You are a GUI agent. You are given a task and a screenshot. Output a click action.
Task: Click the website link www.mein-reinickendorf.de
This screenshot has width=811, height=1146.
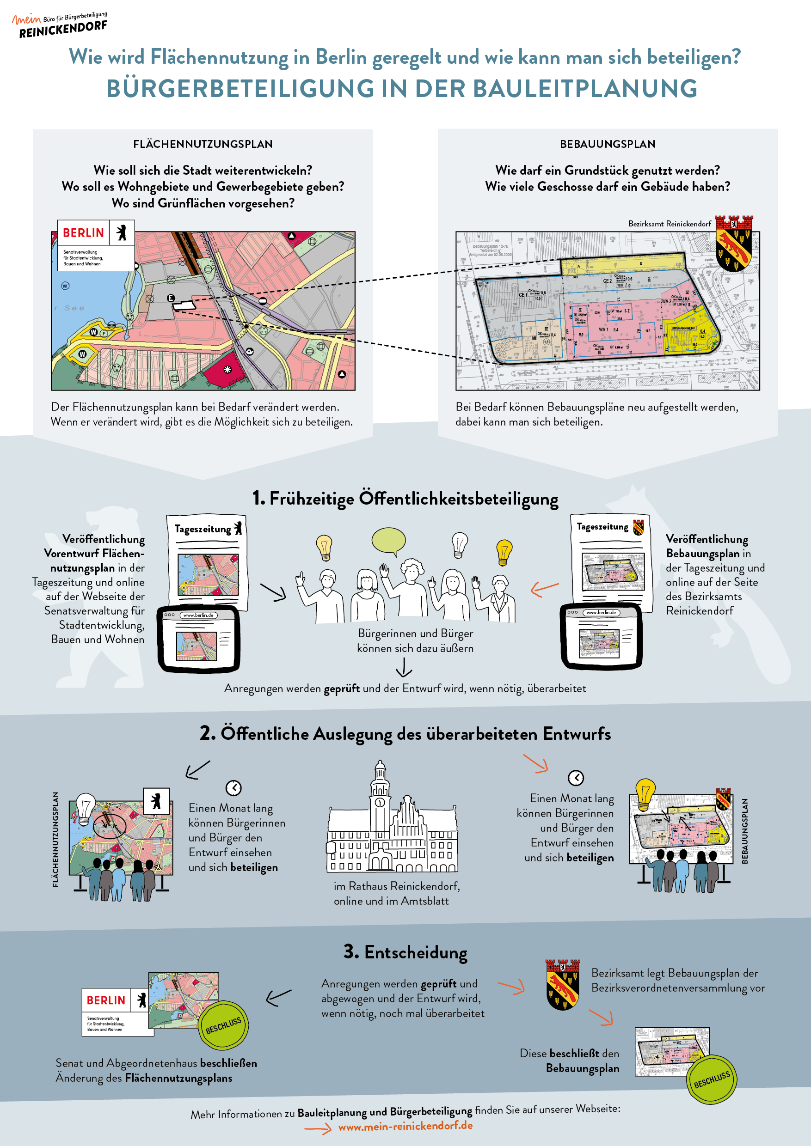coord(405,1126)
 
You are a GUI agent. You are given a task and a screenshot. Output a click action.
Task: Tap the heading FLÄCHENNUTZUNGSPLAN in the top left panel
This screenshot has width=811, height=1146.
coord(203,144)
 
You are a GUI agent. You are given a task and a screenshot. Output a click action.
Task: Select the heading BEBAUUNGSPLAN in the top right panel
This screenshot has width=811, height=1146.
coord(607,144)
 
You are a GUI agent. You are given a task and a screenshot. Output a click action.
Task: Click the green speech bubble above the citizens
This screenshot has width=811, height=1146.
coord(388,541)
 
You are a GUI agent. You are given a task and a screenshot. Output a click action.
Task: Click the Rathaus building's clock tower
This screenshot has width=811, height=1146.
coord(380,793)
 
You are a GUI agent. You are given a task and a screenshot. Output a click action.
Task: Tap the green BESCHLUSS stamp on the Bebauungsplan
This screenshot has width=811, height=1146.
coord(712,1079)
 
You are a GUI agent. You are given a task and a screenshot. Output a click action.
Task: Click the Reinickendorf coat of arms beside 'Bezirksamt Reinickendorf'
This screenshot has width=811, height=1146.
coord(733,243)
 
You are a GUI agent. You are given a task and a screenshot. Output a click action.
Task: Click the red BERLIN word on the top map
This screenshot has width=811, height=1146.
coord(83,233)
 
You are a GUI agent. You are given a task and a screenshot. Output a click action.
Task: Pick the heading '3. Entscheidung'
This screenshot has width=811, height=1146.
coord(405,952)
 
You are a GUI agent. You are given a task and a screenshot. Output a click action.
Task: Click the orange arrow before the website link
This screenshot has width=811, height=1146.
coord(318,1128)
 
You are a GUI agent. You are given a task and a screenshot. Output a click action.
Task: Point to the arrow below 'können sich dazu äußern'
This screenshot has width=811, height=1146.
coord(404,667)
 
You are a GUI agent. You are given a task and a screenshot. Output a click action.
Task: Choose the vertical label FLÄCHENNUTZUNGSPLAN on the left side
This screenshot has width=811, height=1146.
coord(55,839)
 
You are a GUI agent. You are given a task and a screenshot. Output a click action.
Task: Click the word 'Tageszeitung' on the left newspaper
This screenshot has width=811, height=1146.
coord(203,529)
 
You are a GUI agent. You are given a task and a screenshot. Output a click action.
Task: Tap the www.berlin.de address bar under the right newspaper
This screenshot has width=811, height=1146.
coord(601,612)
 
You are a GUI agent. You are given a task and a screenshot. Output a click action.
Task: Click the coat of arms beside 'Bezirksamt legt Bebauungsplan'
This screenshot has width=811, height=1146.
coord(562,984)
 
